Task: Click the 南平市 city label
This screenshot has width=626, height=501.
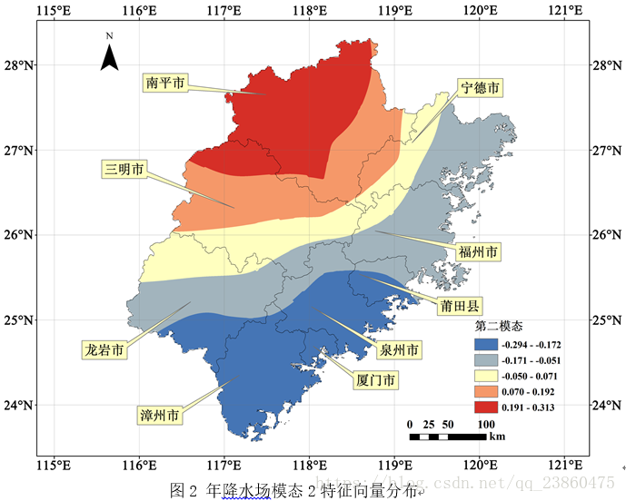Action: pos(165,83)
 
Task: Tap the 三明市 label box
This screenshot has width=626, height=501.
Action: pos(124,169)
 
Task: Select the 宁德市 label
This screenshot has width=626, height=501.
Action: pos(481,88)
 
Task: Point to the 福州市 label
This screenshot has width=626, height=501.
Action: pos(477,250)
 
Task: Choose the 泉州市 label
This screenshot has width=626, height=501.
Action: pos(399,349)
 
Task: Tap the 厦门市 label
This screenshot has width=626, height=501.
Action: pos(375,380)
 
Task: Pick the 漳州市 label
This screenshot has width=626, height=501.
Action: pos(160,416)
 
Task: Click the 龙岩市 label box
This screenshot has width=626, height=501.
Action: pos(104,349)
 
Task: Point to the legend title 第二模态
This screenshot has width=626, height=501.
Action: pos(498,325)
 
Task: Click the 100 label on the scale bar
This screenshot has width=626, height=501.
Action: pos(485,424)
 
